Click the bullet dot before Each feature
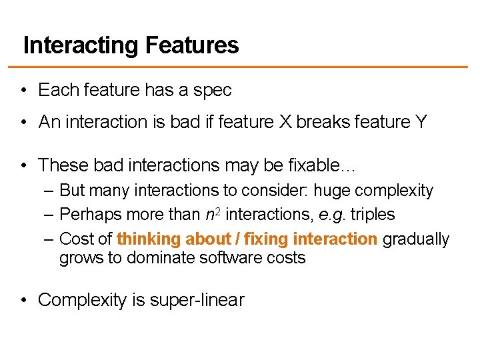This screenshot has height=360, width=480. [x=23, y=90]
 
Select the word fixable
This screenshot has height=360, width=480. [x=323, y=164]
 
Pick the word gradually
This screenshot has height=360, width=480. [x=416, y=239]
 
